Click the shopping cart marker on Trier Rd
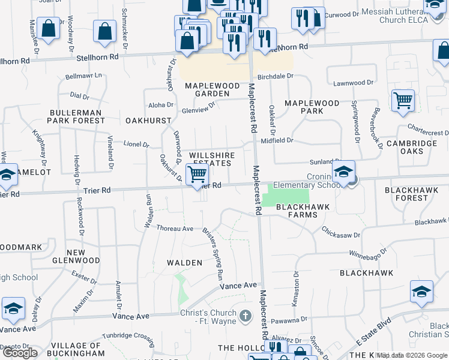tap(197, 175)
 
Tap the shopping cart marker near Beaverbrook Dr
tap(403, 100)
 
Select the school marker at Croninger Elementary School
tap(343, 172)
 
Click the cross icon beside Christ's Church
tap(245, 316)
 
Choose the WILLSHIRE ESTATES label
tap(210, 159)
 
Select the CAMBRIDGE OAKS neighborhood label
tap(412, 147)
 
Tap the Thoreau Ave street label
tap(175, 229)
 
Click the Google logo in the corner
tap(20, 353)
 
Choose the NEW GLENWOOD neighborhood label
tap(83, 256)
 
